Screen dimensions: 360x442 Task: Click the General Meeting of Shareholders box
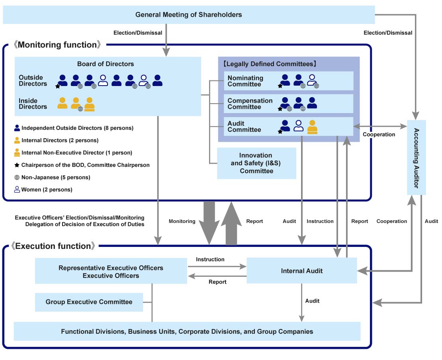click(x=189, y=15)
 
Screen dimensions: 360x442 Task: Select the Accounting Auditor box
click(x=417, y=157)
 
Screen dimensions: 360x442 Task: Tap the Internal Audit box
click(x=301, y=271)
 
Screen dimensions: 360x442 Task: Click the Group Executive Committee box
click(x=89, y=302)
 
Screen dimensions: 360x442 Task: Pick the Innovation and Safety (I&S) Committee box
click(x=256, y=163)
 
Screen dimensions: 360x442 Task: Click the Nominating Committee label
click(x=245, y=81)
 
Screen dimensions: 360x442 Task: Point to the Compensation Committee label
click(x=250, y=104)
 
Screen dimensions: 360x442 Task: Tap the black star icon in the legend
click(x=17, y=165)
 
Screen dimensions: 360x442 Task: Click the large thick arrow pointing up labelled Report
click(x=231, y=223)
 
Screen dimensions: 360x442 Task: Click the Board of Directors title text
click(x=106, y=64)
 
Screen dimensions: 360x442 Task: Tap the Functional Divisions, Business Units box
click(x=187, y=331)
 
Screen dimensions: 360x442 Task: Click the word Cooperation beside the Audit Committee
click(x=379, y=135)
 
